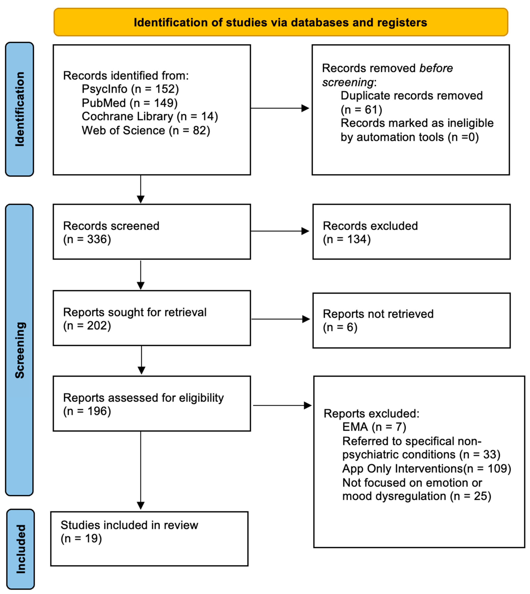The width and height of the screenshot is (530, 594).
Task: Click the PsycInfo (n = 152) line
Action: (x=130, y=89)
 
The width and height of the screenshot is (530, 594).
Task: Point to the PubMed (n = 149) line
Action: (x=130, y=103)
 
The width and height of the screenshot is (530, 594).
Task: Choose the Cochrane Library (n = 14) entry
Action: (x=150, y=116)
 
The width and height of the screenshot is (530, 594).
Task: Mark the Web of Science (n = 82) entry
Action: (x=146, y=130)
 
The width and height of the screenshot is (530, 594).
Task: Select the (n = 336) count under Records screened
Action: (x=87, y=239)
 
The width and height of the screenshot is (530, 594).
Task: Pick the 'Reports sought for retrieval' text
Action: (x=135, y=312)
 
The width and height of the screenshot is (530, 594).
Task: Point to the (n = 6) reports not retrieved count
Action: (x=340, y=327)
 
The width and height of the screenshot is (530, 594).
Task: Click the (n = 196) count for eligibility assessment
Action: (x=87, y=411)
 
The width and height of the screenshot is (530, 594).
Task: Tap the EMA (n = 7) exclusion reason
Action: (x=374, y=427)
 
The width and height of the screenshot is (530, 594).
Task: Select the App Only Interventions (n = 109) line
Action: (x=426, y=468)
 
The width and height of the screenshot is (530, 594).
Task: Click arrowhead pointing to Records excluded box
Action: (x=305, y=231)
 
